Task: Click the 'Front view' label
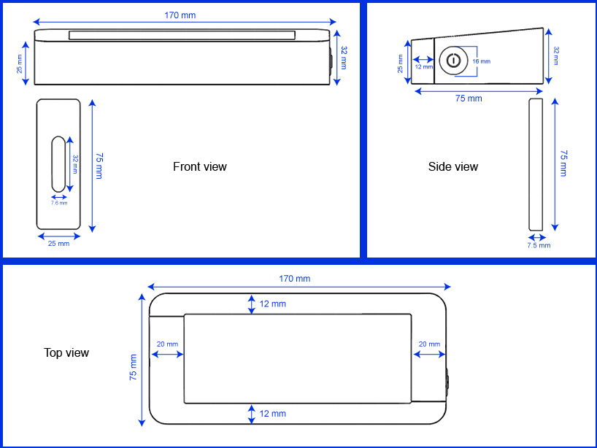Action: click(199, 167)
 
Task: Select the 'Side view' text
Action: click(453, 167)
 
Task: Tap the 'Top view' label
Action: click(66, 353)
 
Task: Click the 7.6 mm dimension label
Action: click(58, 204)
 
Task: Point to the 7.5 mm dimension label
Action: click(539, 246)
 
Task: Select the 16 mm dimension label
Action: click(480, 61)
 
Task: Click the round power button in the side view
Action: click(453, 61)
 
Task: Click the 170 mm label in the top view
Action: click(294, 279)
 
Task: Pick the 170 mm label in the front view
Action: click(180, 15)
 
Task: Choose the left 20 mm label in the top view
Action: click(167, 344)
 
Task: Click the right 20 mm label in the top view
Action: click(428, 344)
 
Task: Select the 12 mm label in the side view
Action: click(423, 67)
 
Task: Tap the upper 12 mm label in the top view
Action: click(272, 304)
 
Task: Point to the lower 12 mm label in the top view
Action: click(272, 414)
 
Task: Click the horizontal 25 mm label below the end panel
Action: click(58, 244)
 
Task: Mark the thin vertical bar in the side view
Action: click(536, 164)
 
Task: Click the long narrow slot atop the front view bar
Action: click(182, 35)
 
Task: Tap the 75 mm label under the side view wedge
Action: click(469, 99)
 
